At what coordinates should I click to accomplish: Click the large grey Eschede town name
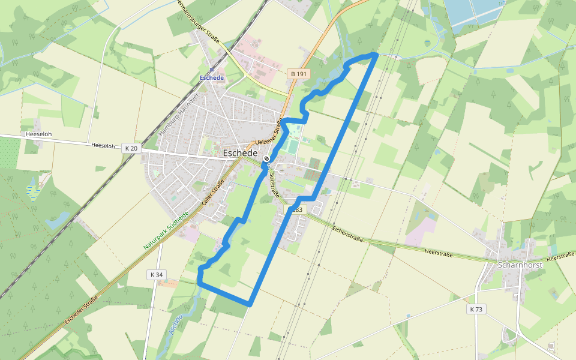[x=240, y=153]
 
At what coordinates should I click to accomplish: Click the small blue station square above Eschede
[x=212, y=70]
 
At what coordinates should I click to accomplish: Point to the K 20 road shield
[x=131, y=148]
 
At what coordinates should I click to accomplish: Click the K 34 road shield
[x=156, y=274]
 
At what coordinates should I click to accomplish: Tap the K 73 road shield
[x=476, y=309]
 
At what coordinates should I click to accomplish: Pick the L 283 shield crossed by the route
[x=296, y=209]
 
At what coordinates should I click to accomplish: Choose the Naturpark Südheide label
[x=166, y=230]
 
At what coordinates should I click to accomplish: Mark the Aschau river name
[x=176, y=325]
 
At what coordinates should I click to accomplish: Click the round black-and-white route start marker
[x=266, y=158]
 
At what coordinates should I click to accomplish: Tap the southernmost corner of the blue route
[x=249, y=304]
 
